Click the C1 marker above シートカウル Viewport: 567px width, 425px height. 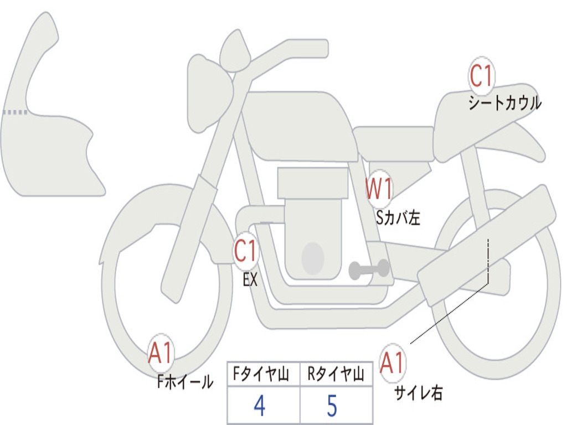click(x=481, y=76)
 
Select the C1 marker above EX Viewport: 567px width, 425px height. click(x=246, y=252)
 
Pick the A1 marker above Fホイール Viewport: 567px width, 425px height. click(x=161, y=353)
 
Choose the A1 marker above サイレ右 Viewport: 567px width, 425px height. click(x=393, y=364)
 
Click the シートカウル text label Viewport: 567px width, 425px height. click(x=504, y=103)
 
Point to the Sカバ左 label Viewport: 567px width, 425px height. click(x=398, y=218)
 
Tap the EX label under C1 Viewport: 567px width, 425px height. click(x=250, y=280)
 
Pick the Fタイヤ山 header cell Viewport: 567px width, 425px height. click(x=263, y=375)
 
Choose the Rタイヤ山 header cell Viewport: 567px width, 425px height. click(x=336, y=375)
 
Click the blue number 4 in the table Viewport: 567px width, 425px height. click(x=259, y=406)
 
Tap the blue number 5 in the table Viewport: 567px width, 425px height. click(x=332, y=406)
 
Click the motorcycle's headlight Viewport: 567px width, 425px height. click(x=209, y=92)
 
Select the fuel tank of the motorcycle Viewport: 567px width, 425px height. click(x=299, y=125)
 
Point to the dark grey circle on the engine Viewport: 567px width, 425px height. click(x=312, y=258)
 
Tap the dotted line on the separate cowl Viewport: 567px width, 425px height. click(x=16, y=112)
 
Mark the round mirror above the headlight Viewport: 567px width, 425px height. click(x=235, y=51)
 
